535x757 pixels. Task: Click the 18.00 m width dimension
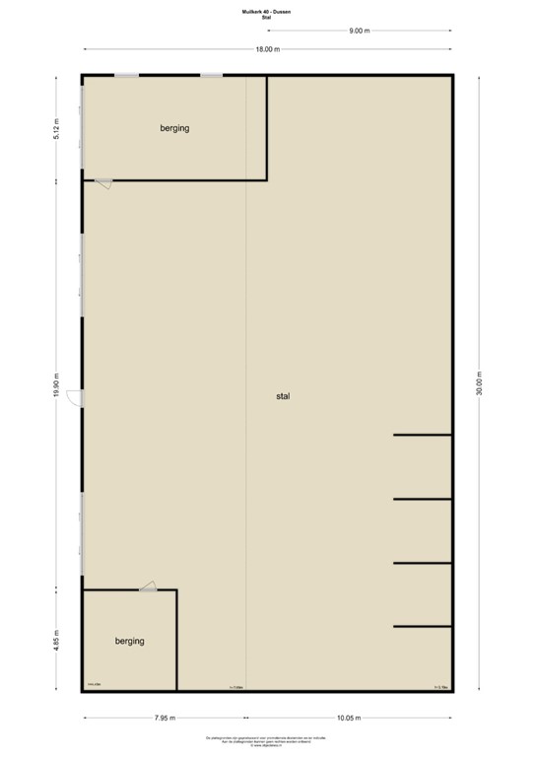click(267, 49)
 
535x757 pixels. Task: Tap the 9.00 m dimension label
click(359, 31)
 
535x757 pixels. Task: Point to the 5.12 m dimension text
click(57, 129)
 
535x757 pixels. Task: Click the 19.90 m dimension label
click(57, 385)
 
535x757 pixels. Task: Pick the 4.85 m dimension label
click(57, 640)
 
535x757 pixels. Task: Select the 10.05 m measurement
click(349, 718)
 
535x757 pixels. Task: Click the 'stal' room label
click(283, 396)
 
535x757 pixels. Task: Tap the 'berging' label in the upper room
click(174, 128)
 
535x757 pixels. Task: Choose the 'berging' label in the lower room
click(129, 641)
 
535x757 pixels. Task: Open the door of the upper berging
click(103, 182)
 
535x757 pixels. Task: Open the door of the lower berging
click(148, 587)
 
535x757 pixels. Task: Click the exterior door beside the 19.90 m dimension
click(84, 397)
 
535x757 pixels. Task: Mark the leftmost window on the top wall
click(126, 76)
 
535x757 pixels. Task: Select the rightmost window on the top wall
click(211, 76)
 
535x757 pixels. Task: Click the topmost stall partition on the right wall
click(422, 435)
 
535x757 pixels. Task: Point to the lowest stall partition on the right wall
click(422, 626)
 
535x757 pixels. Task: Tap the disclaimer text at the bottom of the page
click(267, 740)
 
